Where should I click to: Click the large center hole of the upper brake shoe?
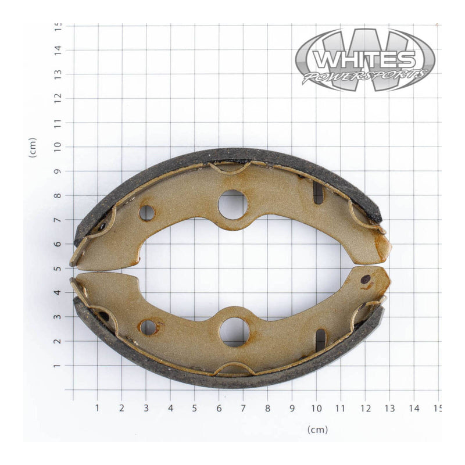[x=233, y=205]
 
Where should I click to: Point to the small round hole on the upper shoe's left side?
[x=146, y=213]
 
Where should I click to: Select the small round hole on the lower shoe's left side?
[x=148, y=327]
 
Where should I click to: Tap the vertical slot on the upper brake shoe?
[x=318, y=193]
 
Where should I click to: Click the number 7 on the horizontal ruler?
[x=244, y=408]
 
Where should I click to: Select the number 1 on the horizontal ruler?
[x=97, y=408]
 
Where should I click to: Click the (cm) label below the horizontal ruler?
[x=317, y=430]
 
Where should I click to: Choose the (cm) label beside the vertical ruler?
[x=33, y=148]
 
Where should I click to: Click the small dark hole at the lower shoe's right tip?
[x=366, y=279]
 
